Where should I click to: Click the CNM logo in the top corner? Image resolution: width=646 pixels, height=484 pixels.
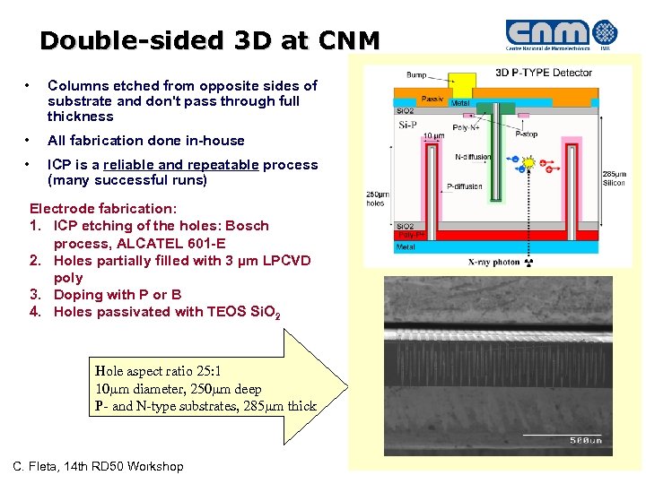click(x=562, y=33)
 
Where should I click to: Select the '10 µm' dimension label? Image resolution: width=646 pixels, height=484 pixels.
click(x=433, y=136)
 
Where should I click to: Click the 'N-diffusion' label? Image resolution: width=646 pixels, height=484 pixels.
click(x=473, y=157)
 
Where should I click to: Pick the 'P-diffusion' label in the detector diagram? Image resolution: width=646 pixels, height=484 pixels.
click(x=464, y=187)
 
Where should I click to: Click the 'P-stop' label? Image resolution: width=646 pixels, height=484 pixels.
click(x=527, y=133)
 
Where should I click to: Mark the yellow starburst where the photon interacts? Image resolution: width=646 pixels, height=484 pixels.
click(x=529, y=164)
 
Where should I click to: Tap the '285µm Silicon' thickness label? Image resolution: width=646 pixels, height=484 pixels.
click(x=614, y=177)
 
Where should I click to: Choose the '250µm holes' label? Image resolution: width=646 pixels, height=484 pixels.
click(x=375, y=198)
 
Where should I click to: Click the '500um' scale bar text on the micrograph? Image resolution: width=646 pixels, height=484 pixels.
click(x=586, y=440)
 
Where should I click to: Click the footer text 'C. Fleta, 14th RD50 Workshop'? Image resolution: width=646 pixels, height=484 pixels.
click(x=98, y=466)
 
